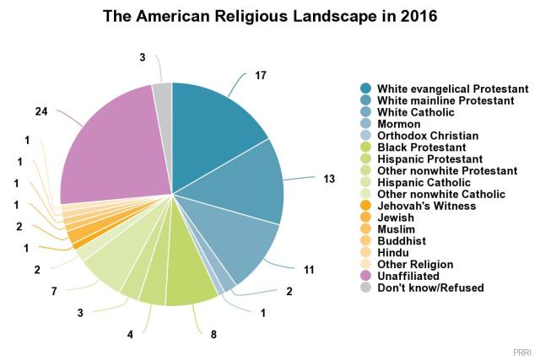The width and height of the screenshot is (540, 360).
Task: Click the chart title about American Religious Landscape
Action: [269, 16]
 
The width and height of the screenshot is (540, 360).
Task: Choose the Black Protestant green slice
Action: [191, 282]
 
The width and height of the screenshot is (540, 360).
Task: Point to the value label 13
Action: [329, 178]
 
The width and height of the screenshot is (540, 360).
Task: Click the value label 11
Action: [309, 269]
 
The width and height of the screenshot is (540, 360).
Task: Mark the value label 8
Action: [213, 335]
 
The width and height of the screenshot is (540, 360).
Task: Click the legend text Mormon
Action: [397, 123]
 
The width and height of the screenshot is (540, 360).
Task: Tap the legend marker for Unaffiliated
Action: [366, 276]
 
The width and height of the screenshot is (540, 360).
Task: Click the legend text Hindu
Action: [392, 252]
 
